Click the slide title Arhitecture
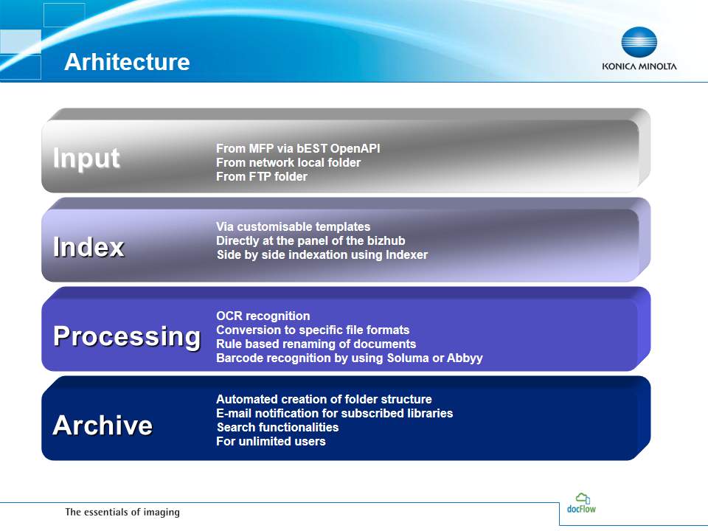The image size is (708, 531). tap(127, 62)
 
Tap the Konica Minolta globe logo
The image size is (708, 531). tap(639, 41)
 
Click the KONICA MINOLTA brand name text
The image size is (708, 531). tap(639, 66)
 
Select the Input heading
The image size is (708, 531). tap(86, 159)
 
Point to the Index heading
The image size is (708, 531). tap(88, 247)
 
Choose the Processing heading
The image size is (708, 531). tap(127, 337)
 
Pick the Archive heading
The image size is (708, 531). tap(103, 426)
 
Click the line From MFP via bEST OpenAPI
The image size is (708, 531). tap(298, 148)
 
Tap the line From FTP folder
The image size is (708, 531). tap(261, 176)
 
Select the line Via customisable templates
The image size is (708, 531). tap(293, 226)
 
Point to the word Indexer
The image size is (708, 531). tap(406, 254)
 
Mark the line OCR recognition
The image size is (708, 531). tap(263, 316)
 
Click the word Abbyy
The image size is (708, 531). tap(465, 358)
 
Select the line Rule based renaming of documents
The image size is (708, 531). tap(316, 344)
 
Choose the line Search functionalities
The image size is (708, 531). tap(277, 427)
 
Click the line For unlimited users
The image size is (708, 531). tap(271, 441)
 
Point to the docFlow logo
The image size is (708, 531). tap(582, 503)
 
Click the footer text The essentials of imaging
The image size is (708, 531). tap(122, 512)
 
